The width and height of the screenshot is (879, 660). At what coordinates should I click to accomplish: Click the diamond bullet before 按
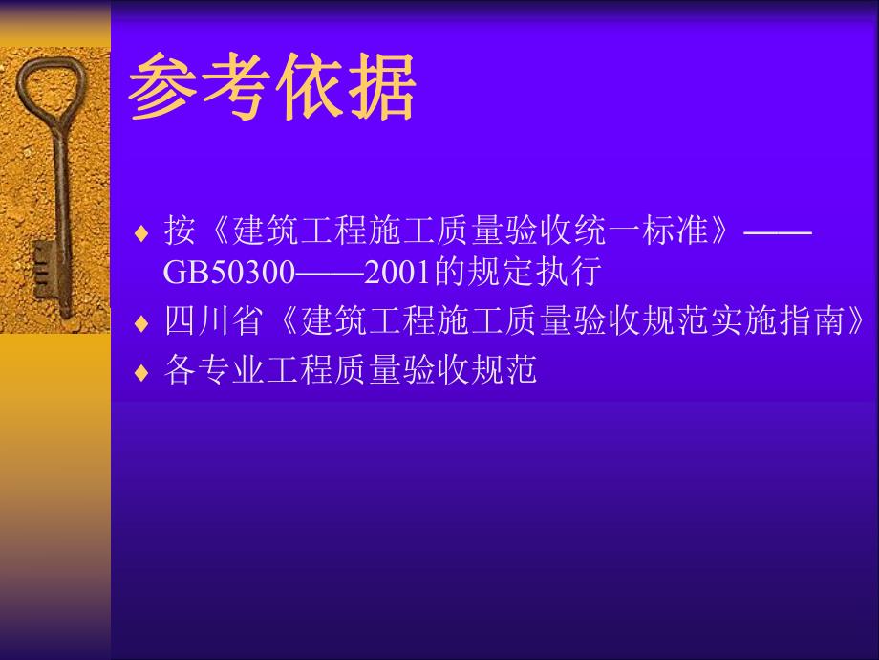[141, 232]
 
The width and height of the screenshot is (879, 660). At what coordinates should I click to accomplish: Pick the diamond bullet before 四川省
[141, 323]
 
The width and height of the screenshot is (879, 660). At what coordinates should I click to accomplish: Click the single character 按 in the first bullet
[180, 231]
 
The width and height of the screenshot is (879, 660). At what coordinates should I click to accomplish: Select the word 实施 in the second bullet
[737, 321]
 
